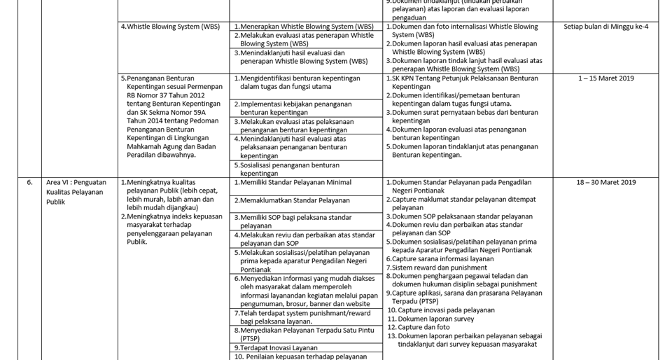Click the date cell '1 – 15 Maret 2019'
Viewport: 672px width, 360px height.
pyautogui.click(x=605, y=78)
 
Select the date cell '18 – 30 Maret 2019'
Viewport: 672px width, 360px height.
pyautogui.click(x=605, y=182)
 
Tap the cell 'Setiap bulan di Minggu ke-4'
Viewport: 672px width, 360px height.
pyautogui.click(x=605, y=27)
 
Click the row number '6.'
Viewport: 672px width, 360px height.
pyautogui.click(x=29, y=182)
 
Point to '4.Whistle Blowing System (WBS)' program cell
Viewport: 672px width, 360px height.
pyautogui.click(x=170, y=27)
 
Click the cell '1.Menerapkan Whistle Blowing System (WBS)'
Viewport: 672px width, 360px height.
pyautogui.click(x=304, y=27)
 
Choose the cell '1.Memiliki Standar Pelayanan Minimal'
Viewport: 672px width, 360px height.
pyautogui.click(x=293, y=182)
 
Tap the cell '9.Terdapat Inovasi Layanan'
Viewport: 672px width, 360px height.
pyautogui.click(x=276, y=347)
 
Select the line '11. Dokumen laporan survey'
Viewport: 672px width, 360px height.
pyautogui.click(x=430, y=319)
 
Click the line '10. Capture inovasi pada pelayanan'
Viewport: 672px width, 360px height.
pyautogui.click(x=441, y=310)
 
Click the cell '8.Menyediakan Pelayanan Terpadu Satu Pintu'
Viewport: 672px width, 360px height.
pyautogui.click(x=304, y=330)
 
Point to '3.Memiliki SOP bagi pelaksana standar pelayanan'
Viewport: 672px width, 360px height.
pyautogui.click(x=293, y=221)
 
